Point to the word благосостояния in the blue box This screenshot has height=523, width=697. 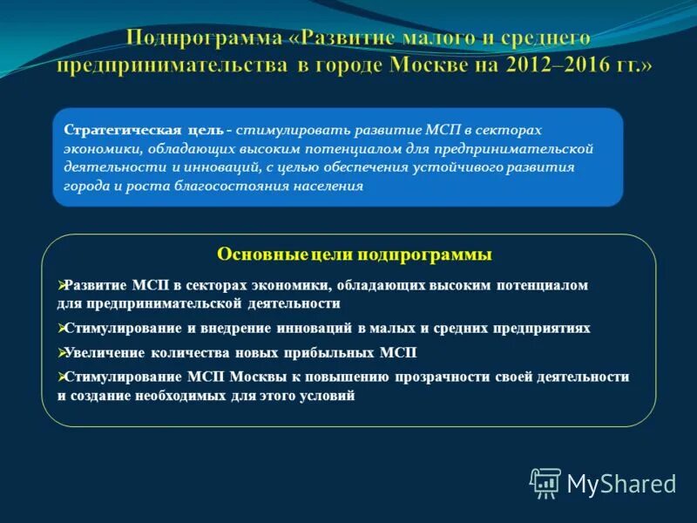[x=236, y=187]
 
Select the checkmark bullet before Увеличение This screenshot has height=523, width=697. [x=62, y=353]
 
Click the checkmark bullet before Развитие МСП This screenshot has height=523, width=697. [x=62, y=285]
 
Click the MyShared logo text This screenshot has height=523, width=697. [x=621, y=483]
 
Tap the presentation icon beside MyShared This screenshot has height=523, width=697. [x=545, y=482]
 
